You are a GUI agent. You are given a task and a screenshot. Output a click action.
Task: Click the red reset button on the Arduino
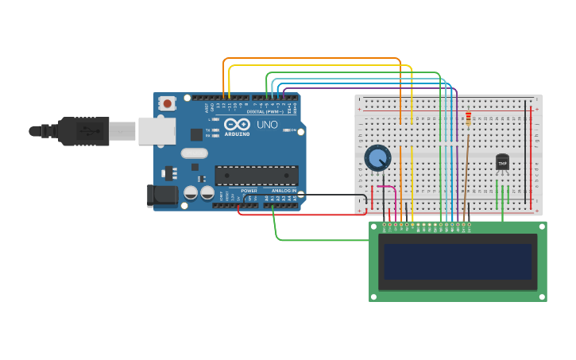coord(167,103)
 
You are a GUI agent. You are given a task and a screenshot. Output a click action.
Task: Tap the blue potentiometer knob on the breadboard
coord(377,158)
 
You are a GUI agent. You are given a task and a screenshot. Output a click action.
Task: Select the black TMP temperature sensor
coord(502,162)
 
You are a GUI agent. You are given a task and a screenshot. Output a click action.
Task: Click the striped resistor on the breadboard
coord(468,118)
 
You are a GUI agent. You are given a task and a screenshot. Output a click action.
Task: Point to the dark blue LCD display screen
coord(458,261)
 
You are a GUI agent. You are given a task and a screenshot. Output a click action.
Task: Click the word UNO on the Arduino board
coord(266,125)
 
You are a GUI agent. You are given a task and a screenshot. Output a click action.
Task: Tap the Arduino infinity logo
coord(237,124)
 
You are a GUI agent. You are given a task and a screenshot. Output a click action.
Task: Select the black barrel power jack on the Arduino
coord(162,195)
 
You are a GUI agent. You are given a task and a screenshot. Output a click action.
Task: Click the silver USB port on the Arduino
coord(157,131)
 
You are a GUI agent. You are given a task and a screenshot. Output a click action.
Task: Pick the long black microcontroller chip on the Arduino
coord(256,175)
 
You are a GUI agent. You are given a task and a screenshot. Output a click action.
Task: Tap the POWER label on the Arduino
coord(249,191)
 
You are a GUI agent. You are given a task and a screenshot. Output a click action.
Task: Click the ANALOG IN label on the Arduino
coord(283,191)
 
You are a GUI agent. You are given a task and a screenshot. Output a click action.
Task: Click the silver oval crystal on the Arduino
coord(194,153)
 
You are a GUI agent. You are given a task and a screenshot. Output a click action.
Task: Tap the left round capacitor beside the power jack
coord(191,192)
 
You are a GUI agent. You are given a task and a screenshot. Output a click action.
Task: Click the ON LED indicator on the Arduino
coord(284,130)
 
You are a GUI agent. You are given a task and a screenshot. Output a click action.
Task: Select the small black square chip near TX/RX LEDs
coord(196,134)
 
